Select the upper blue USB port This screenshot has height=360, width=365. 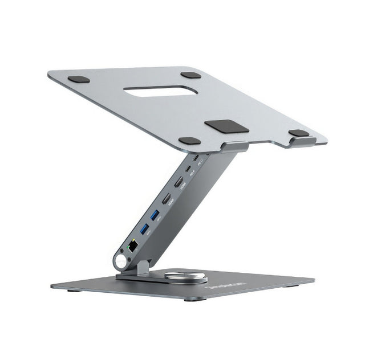[154, 215]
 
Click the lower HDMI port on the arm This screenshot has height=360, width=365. [167, 199]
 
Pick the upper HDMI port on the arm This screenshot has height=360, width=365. [178, 183]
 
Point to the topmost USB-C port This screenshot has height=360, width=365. [196, 157]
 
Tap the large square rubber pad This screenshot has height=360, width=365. [226, 126]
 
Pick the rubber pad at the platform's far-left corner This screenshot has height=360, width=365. [79, 79]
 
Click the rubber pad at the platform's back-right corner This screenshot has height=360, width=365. [191, 75]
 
